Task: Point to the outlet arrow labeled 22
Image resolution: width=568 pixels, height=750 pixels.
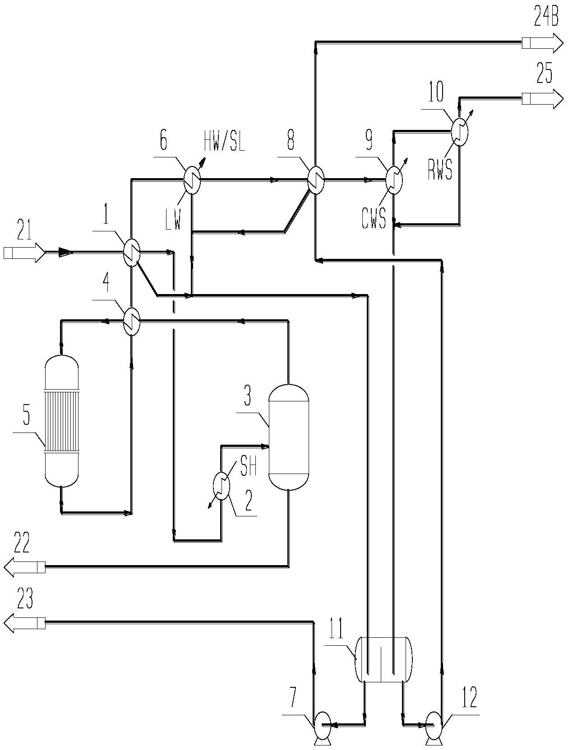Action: click(25, 566)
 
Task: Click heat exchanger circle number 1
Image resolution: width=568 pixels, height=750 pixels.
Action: click(132, 253)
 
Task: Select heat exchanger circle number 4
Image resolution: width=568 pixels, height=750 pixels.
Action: click(132, 321)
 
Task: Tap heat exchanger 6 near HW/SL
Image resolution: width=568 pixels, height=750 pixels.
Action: click(192, 180)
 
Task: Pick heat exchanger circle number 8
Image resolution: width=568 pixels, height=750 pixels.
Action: click(315, 180)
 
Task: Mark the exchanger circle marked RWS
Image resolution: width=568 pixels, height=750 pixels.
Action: click(460, 132)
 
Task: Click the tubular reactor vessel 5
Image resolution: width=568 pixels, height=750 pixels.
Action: click(61, 422)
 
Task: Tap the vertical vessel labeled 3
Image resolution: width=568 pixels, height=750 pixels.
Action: click(288, 437)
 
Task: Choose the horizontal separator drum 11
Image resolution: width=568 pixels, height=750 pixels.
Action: click(383, 659)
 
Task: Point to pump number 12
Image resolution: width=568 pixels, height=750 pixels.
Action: click(434, 725)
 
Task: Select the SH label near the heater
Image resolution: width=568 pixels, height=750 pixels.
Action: click(248, 467)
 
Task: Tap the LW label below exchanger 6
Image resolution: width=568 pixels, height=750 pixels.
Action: click(173, 221)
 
